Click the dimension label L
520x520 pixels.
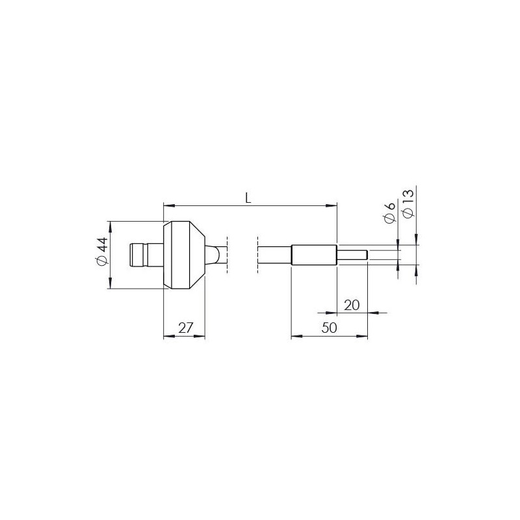tap(248, 198)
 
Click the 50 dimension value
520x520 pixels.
tap(330, 328)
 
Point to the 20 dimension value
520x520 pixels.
tap(352, 304)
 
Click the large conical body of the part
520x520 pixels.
tap(183, 255)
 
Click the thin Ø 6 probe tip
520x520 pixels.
tap(353, 255)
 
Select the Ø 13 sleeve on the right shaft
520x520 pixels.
tap(314, 255)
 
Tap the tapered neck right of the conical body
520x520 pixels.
tap(214, 254)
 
